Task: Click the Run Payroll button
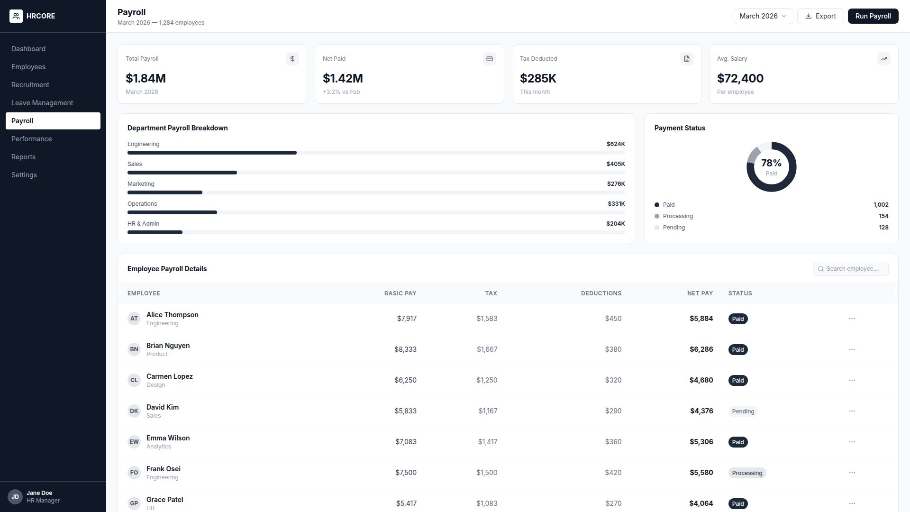[x=873, y=16]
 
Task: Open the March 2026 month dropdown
[x=763, y=16]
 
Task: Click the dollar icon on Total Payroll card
[x=292, y=59]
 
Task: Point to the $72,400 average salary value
[x=740, y=78]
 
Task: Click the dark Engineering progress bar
[x=212, y=153]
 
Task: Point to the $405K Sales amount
[x=616, y=164]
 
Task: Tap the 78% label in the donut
[x=771, y=163]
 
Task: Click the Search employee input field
[x=851, y=269]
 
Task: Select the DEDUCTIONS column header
[x=601, y=293]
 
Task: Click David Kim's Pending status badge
[x=743, y=411]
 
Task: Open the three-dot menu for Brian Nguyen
[x=852, y=349]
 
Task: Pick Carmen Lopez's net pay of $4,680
[x=701, y=380]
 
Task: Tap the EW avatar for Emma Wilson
[x=134, y=442]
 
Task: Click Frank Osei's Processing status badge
[x=747, y=473]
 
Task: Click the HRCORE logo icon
[x=16, y=16]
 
